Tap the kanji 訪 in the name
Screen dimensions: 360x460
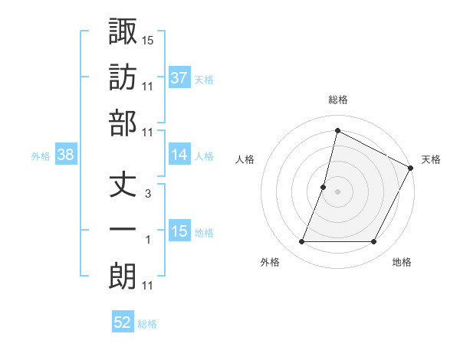point(123,77)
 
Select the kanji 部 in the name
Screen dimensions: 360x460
point(123,123)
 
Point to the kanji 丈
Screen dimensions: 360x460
point(123,185)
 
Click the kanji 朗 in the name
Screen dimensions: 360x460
point(123,276)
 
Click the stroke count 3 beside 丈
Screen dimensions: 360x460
point(148,194)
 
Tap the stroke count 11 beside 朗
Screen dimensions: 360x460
point(148,286)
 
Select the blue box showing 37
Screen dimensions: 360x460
point(179,77)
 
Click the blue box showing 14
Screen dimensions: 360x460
point(179,155)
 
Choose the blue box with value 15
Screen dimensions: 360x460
point(179,231)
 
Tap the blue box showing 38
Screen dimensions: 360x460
point(66,155)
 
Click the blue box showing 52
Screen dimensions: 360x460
point(123,322)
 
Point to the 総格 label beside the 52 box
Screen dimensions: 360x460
point(147,324)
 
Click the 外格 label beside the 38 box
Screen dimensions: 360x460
point(41,155)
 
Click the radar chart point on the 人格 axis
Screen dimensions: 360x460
point(324,187)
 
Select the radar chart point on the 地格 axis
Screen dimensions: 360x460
point(374,242)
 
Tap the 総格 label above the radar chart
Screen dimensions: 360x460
point(337,100)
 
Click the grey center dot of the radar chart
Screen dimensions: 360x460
point(337,191)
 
